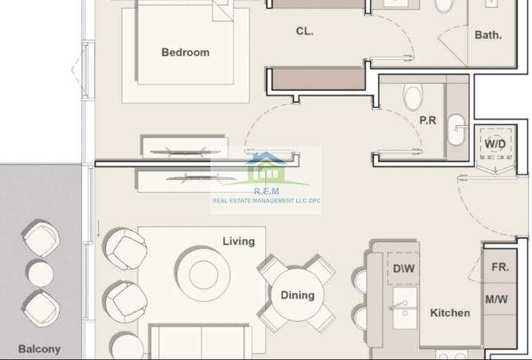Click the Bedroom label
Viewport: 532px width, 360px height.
coord(186,53)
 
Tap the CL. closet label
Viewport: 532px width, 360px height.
coord(304,31)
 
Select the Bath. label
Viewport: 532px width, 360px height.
coord(488,35)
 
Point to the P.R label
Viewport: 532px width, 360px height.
coord(428,120)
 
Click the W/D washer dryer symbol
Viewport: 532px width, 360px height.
coord(495,143)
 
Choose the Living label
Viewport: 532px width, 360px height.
coord(238,241)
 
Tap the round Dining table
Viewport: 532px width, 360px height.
coord(298,295)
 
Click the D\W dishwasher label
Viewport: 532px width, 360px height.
coord(404,268)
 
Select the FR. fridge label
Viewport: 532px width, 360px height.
coord(500,267)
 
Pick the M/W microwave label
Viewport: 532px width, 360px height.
coord(497,299)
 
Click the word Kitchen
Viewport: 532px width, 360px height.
coord(450,313)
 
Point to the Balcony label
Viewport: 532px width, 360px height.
coord(39,349)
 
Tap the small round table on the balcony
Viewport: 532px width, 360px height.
coord(41,274)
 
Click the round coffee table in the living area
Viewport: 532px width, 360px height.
coord(203,275)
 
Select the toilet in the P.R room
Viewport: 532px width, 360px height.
coord(413,96)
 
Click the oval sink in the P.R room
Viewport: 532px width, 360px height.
coord(456,130)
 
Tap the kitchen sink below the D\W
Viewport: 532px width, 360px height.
coord(405,307)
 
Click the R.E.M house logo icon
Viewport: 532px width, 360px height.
coord(266,169)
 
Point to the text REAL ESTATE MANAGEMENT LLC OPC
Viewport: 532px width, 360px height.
coord(266,201)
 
